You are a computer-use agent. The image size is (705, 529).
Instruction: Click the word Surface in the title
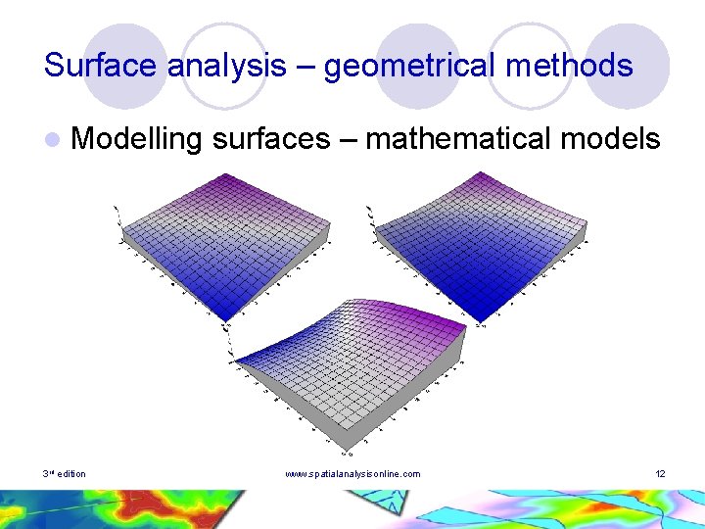(x=102, y=66)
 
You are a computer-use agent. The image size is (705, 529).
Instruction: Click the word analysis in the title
(x=226, y=66)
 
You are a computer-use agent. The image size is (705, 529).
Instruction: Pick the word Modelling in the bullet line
(x=137, y=139)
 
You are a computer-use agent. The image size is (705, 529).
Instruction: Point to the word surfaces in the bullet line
(x=270, y=139)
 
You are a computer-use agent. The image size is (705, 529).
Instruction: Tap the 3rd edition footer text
(x=64, y=474)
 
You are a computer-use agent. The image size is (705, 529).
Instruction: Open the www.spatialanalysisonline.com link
(x=352, y=474)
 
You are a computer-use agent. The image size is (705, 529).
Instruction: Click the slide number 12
(x=660, y=474)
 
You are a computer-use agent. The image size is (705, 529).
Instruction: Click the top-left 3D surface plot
(x=225, y=240)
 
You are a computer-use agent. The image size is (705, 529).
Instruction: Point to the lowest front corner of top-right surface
(x=478, y=322)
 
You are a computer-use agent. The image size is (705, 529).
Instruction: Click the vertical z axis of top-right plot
(x=369, y=221)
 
